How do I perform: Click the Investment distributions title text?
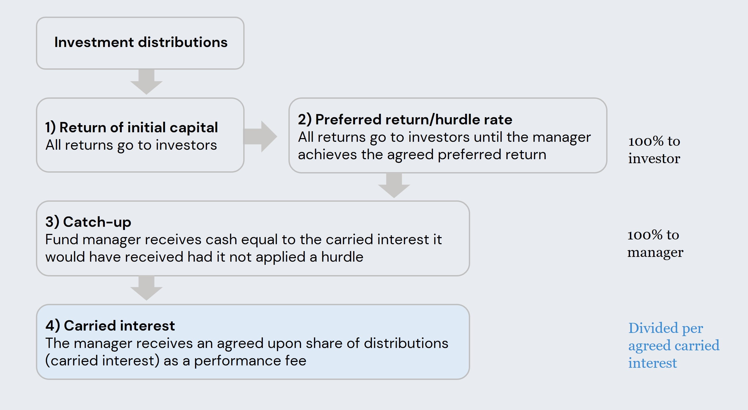tap(141, 42)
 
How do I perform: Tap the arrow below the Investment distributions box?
tap(146, 82)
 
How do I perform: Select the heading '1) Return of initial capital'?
tap(132, 128)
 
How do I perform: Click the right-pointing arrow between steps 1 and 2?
tap(260, 136)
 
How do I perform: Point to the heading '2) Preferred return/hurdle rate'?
tap(405, 120)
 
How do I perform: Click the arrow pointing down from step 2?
tap(394, 185)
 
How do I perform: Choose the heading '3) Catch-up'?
tap(88, 222)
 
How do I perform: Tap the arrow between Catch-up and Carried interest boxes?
tap(146, 288)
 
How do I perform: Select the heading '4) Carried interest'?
tap(110, 326)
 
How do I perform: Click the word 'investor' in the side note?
tap(654, 159)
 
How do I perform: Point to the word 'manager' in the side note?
tap(655, 252)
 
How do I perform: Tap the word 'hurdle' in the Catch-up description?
tap(342, 257)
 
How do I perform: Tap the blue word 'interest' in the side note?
tap(652, 363)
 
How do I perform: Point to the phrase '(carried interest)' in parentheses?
tap(102, 361)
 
